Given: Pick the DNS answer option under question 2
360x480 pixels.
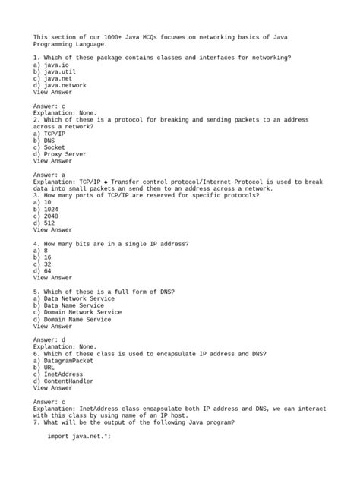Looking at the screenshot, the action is (45, 141).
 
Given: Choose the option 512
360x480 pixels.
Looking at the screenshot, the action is (43, 223).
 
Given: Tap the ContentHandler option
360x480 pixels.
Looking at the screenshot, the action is (63, 381).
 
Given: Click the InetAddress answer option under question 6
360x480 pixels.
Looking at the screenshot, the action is (60, 374).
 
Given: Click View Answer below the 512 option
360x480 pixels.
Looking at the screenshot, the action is (52, 229).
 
